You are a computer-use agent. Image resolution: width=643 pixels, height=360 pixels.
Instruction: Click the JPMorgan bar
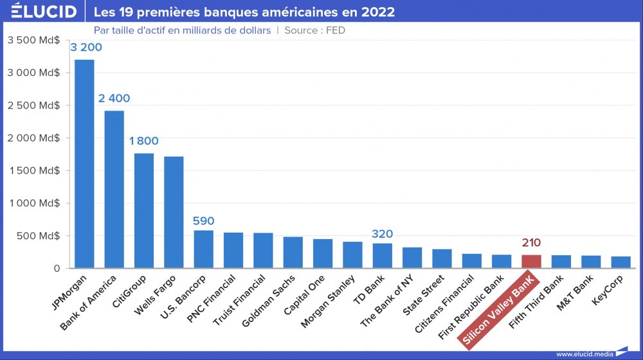[84, 164]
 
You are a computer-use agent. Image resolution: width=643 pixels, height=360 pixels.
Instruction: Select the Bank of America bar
[114, 189]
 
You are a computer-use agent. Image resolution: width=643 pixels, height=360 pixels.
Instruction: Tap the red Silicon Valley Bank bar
[531, 261]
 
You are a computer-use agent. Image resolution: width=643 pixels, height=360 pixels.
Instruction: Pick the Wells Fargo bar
[174, 212]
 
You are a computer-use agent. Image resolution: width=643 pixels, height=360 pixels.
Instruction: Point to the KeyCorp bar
[620, 262]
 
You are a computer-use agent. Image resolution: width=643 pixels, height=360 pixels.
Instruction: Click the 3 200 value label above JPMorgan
[86, 48]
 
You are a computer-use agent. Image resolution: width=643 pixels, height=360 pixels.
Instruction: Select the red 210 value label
[531, 243]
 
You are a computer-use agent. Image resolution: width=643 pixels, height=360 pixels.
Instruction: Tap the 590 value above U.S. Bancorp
[203, 221]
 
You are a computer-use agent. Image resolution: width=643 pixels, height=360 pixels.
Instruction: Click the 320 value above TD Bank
[382, 234]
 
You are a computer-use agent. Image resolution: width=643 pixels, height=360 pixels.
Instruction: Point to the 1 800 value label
[143, 141]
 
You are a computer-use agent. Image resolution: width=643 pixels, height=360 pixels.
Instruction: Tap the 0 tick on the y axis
[57, 268]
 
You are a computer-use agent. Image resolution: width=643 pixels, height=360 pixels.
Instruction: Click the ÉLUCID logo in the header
[44, 12]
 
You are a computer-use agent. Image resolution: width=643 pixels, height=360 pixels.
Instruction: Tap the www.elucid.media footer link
[584, 354]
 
